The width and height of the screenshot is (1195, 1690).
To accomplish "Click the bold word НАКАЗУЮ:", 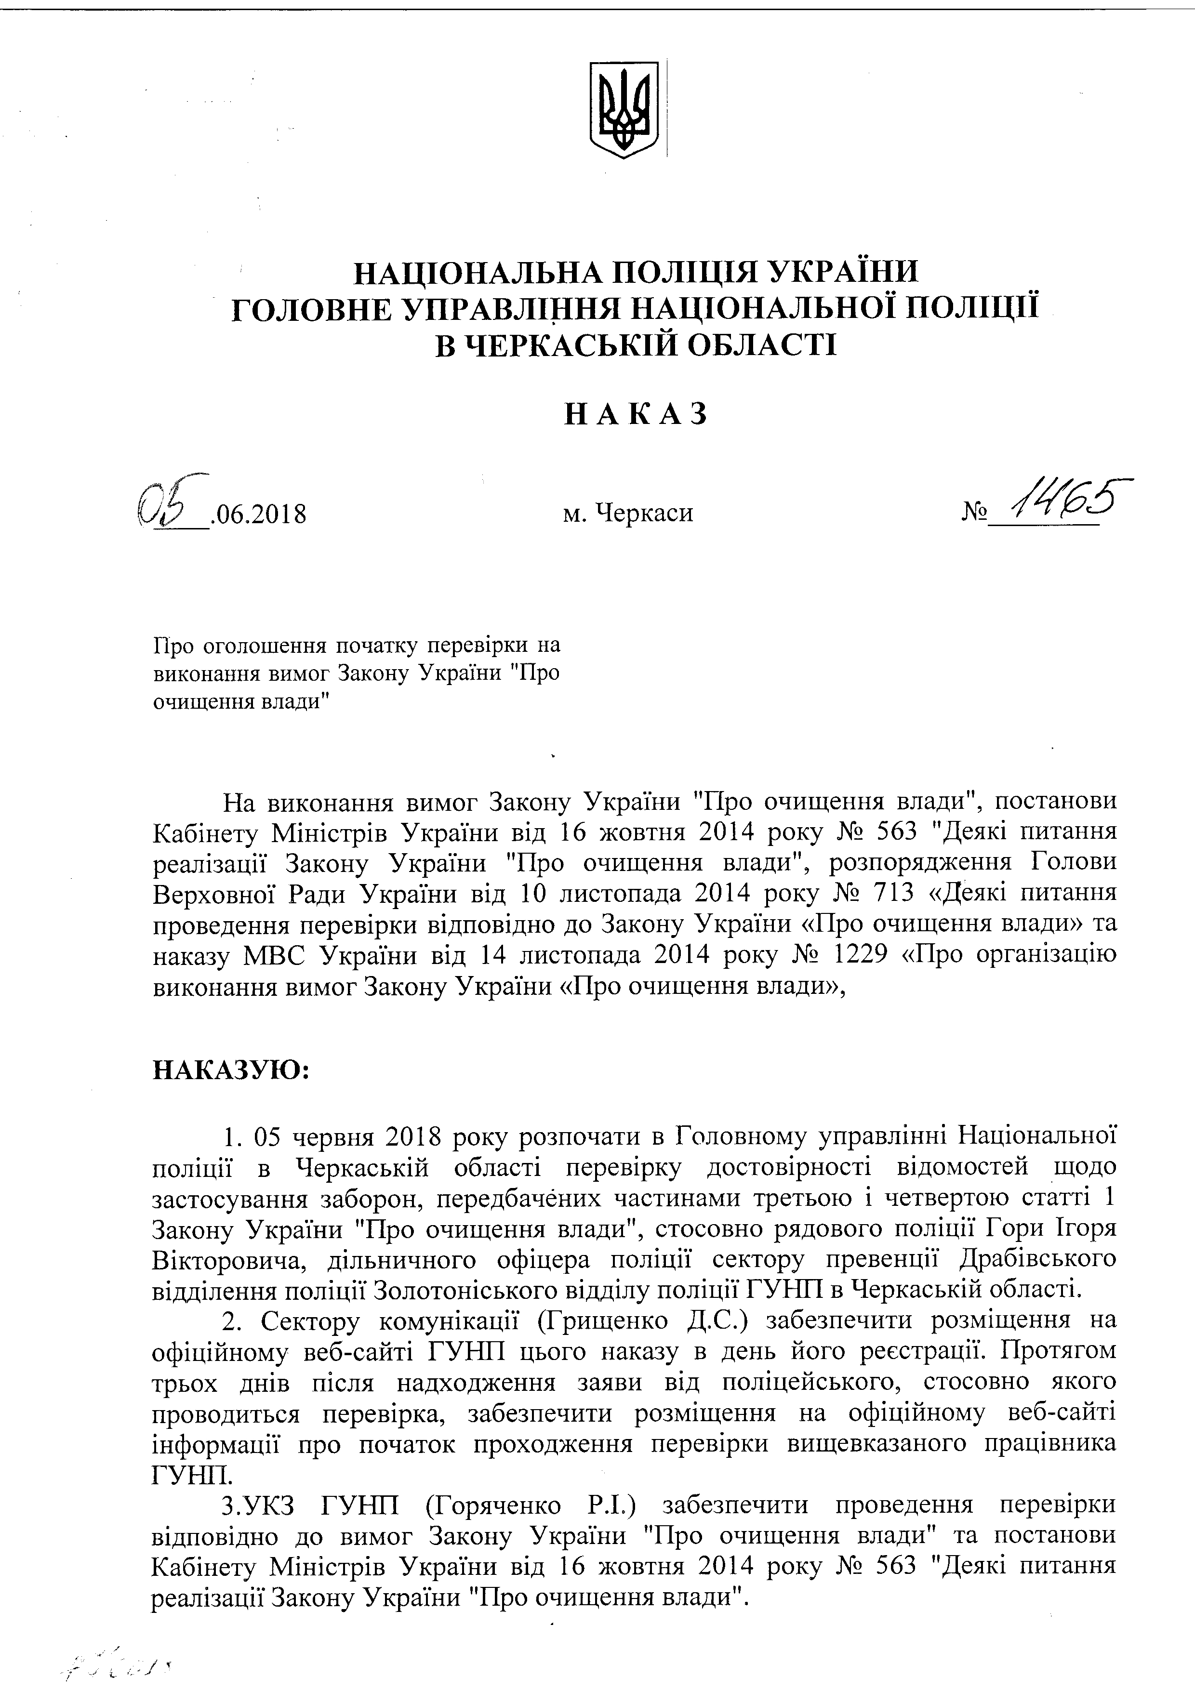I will click(230, 1069).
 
